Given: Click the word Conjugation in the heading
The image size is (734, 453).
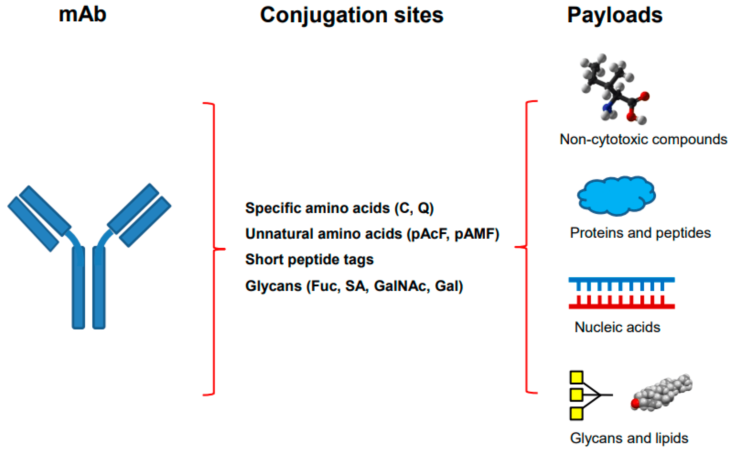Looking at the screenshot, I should (323, 16).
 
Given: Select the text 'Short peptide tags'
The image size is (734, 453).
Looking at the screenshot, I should (309, 260).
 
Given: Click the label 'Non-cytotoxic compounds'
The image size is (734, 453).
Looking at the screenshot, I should (643, 140).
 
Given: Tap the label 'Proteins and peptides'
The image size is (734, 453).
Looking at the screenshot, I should (640, 233).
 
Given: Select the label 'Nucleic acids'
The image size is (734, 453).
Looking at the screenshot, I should (617, 327).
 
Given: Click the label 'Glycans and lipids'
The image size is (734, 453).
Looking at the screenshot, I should (629, 438).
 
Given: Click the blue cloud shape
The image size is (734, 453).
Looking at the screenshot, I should (616, 196).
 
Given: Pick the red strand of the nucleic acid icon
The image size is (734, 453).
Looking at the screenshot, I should (622, 306).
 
